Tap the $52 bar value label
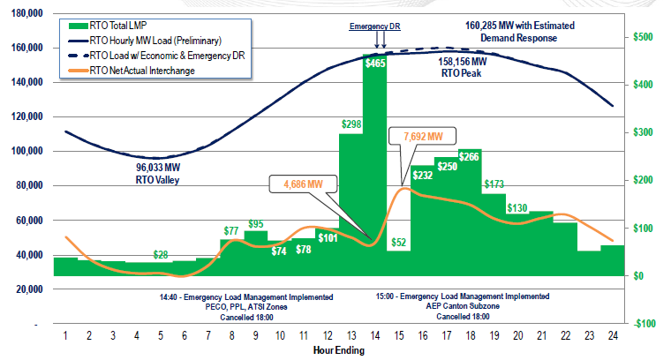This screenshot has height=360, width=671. [x=398, y=243]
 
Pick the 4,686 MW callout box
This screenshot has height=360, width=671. [x=304, y=184]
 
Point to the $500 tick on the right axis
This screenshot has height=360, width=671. [x=643, y=37]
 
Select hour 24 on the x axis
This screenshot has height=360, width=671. [x=612, y=336]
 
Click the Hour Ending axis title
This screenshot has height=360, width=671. [x=339, y=349]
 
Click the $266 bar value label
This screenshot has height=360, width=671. [x=469, y=157]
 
